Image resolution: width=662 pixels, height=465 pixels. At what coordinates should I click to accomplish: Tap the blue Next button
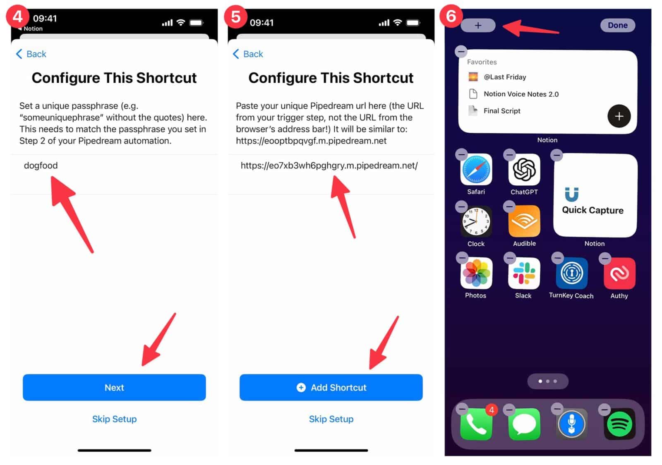(x=114, y=387)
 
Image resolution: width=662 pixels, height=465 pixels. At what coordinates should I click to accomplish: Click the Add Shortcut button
(x=331, y=387)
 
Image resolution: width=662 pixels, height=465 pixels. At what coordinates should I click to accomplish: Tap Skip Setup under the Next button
(x=114, y=419)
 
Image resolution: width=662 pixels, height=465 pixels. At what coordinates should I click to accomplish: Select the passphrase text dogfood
(x=41, y=165)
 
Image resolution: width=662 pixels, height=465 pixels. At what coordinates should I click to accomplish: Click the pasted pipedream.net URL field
(x=329, y=165)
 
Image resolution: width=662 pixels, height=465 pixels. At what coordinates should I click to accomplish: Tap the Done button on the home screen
(x=617, y=25)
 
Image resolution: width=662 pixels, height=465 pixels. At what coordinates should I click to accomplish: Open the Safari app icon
(x=476, y=170)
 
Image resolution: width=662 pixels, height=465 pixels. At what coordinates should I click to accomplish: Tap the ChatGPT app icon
(x=524, y=170)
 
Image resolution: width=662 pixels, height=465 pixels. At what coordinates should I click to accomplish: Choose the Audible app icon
(x=524, y=221)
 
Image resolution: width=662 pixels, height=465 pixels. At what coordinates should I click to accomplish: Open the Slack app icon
(x=523, y=273)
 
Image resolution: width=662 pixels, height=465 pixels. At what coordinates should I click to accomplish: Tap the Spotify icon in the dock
(x=619, y=424)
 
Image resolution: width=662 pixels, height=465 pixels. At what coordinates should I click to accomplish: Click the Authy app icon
(x=619, y=273)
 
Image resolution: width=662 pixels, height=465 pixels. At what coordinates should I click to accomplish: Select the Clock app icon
(x=476, y=221)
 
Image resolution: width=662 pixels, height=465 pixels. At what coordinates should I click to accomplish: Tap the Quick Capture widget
(x=595, y=195)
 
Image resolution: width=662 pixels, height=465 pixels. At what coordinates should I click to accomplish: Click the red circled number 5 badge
(x=235, y=17)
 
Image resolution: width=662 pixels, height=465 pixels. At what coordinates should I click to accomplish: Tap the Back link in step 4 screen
(x=31, y=54)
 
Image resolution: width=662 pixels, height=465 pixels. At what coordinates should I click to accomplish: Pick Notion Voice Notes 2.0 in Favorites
(x=520, y=94)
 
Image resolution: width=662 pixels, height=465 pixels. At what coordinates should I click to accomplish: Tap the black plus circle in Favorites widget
(x=619, y=116)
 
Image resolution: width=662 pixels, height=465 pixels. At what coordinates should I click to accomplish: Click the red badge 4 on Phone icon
(x=491, y=410)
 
